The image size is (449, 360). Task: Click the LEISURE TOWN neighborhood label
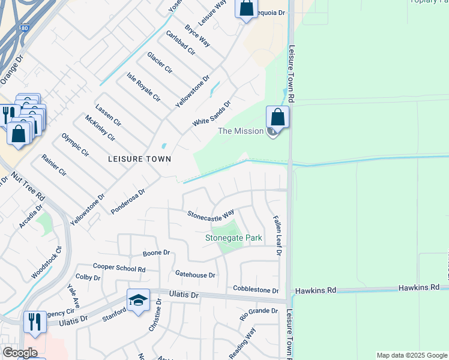[139, 159]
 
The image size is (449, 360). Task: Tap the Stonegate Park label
[234, 238]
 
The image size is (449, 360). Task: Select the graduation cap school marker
[137, 300]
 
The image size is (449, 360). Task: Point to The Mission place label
[241, 131]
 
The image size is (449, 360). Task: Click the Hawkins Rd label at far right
[419, 289]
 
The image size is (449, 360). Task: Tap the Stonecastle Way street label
[211, 214]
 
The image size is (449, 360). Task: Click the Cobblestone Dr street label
[256, 290]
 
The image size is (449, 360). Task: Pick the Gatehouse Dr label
[195, 275]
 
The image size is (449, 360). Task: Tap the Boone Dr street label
[157, 253]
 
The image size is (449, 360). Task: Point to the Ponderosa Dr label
[128, 202]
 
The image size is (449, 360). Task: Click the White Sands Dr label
[211, 113]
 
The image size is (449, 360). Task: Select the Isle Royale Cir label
[143, 86]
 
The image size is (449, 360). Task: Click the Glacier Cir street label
[160, 62]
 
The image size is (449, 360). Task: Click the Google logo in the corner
[20, 353]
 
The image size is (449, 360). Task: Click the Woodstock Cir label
[47, 263]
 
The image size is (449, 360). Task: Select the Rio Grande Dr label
[259, 312]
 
